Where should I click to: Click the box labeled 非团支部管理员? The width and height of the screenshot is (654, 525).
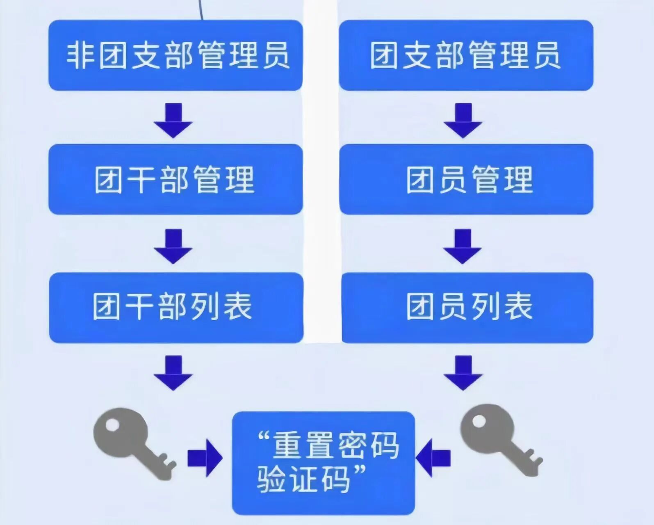175,55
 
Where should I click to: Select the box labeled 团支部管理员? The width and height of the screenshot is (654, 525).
466,55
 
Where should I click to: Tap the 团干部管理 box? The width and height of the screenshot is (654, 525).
175,179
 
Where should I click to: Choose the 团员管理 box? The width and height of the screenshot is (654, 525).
466,179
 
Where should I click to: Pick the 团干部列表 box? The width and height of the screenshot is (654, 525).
176,308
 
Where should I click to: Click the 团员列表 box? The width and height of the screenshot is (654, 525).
467,308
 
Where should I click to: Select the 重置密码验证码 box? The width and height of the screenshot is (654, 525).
324,463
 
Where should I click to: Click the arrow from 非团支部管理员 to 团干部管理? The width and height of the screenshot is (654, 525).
173,121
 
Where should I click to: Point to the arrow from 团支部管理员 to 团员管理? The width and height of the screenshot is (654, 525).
463,121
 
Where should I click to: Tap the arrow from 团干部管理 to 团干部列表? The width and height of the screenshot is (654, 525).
173,246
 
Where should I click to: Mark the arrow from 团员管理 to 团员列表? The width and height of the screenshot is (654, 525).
462,246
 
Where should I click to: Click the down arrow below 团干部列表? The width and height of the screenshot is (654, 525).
173,373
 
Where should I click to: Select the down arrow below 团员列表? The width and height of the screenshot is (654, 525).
463,373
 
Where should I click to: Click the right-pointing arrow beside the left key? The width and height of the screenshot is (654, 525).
205,458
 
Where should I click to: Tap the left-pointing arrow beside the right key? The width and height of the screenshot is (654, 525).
433,458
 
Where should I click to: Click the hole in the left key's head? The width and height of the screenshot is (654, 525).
112,425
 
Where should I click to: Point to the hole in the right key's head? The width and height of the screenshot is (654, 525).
479,421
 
